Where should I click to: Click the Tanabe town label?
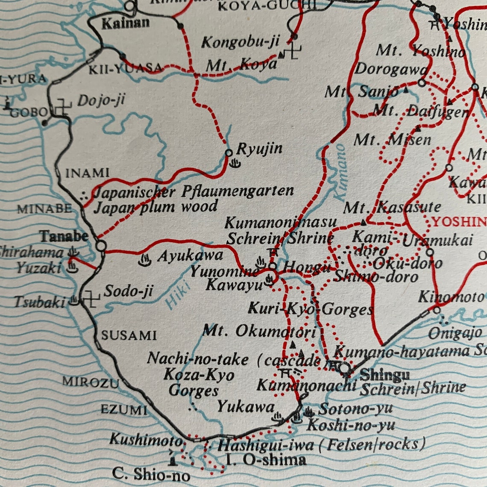[x=64, y=236]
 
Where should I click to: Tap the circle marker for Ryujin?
[x=229, y=153]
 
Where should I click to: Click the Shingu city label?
[x=385, y=375]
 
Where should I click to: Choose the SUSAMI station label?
[x=129, y=335]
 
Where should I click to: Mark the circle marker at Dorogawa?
[x=422, y=83]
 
